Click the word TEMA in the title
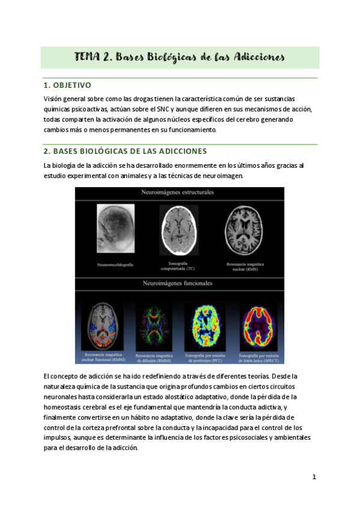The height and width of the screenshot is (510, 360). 88,57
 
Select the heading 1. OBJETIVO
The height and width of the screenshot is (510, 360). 67,85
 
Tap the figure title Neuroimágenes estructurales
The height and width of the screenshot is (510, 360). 179,193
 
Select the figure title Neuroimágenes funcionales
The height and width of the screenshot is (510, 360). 179,283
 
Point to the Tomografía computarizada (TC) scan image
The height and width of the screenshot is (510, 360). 179,230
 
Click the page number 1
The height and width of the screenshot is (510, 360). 314,477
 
